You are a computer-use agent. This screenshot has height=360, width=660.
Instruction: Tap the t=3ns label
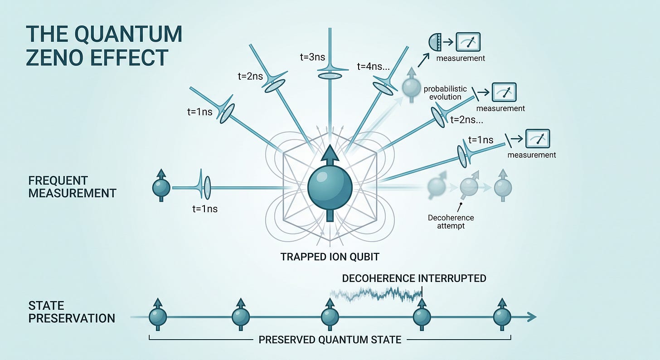tap(312, 57)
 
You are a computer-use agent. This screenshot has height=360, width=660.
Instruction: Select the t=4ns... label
tap(374, 67)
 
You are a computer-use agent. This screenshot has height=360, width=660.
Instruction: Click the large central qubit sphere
tap(330, 188)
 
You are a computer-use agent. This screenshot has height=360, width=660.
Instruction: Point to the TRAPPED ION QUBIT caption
tap(330, 257)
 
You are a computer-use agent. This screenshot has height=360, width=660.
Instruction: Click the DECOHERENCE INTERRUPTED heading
tap(414, 278)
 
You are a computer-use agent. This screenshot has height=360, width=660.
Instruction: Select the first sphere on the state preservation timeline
tap(158, 317)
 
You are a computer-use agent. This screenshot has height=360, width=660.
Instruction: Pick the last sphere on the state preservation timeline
tap(502, 317)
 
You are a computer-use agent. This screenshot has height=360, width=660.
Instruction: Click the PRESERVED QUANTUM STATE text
tap(330, 340)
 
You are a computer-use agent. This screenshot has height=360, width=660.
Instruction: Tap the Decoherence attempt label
tap(451, 222)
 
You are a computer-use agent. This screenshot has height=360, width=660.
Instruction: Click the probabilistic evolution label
tap(445, 93)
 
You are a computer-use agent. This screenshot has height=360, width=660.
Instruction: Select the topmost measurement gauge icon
tap(468, 42)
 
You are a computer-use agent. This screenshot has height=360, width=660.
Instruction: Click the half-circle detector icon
tap(435, 42)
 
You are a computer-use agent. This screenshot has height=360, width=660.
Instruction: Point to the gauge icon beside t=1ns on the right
tap(538, 138)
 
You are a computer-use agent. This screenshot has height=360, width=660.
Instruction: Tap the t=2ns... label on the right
tap(467, 120)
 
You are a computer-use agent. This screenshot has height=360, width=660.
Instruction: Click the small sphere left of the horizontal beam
tap(161, 187)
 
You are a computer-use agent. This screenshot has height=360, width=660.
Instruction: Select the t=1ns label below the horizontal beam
tap(205, 209)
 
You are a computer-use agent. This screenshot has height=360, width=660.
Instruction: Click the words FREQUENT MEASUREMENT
tap(72, 187)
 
